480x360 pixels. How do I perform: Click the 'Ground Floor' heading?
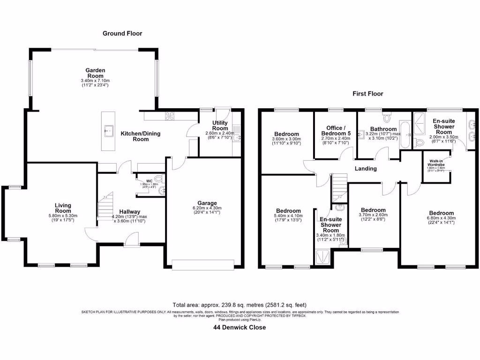(122, 33)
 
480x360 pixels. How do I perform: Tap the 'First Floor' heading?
(367, 94)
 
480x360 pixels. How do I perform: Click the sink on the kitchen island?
(109, 131)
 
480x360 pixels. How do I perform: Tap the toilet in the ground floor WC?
(160, 179)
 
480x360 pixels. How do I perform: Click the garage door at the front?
(202, 265)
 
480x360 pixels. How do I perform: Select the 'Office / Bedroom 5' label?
(335, 131)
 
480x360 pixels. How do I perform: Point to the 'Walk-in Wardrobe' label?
(436, 163)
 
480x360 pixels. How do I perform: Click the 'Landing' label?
(365, 168)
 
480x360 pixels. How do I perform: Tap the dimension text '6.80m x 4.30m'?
(438, 218)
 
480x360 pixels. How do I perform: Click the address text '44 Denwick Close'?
(239, 327)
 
